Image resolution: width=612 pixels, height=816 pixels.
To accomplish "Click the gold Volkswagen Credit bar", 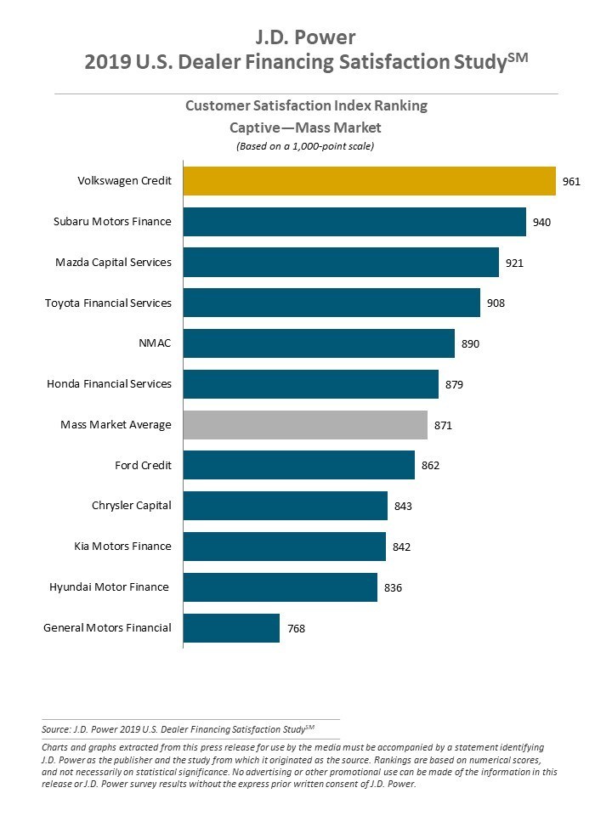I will pyautogui.click(x=369, y=181).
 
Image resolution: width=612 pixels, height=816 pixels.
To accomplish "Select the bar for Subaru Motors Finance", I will pyautogui.click(x=354, y=222).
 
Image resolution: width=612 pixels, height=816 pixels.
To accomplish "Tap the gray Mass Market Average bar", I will pyautogui.click(x=305, y=425).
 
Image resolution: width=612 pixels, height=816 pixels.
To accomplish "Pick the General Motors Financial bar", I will pyautogui.click(x=231, y=628).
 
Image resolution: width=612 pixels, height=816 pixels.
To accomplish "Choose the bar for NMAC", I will pyautogui.click(x=319, y=343).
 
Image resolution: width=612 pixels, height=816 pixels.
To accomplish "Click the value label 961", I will pyautogui.click(x=572, y=181).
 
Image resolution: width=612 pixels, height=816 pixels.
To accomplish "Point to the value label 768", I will pyautogui.click(x=296, y=629).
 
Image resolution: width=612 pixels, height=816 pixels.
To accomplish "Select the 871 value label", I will pyautogui.click(x=443, y=425).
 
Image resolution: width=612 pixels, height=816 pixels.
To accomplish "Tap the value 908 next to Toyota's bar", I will pyautogui.click(x=496, y=303).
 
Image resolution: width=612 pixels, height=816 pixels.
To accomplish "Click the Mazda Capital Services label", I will pyautogui.click(x=113, y=263).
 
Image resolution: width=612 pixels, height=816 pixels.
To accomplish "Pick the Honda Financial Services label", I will pyautogui.click(x=109, y=384).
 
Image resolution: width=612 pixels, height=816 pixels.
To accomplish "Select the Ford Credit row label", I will pyautogui.click(x=143, y=465).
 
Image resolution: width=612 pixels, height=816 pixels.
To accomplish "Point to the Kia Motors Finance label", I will pyautogui.click(x=122, y=547).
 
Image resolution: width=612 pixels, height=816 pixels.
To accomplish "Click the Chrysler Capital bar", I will pyautogui.click(x=285, y=506).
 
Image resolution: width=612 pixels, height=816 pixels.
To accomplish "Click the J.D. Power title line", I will pyautogui.click(x=306, y=37).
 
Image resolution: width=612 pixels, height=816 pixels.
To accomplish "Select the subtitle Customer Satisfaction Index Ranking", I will pyautogui.click(x=306, y=106).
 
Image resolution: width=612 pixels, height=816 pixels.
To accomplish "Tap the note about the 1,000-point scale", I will pyautogui.click(x=306, y=146).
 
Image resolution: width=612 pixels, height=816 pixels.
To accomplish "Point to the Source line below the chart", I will pyautogui.click(x=178, y=728).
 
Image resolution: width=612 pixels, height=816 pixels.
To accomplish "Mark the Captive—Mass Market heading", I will pyautogui.click(x=306, y=127).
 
